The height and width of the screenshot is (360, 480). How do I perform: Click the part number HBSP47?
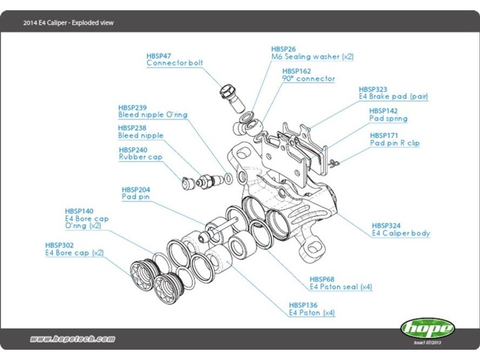(x=159, y=56)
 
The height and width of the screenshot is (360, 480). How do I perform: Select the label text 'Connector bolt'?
(x=175, y=63)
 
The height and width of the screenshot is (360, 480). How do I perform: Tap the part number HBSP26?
(x=283, y=49)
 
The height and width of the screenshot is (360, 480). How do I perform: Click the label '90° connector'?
(x=308, y=79)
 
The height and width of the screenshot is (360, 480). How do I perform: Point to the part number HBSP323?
(x=373, y=89)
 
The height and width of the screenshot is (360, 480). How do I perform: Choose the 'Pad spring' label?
(x=388, y=118)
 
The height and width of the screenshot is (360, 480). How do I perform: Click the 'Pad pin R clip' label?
(x=395, y=143)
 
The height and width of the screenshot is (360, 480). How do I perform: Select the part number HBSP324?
(x=385, y=225)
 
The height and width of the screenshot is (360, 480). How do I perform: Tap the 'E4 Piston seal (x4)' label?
(x=341, y=287)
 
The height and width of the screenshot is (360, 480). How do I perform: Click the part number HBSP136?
(x=303, y=305)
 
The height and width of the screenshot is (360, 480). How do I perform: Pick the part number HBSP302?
(x=59, y=245)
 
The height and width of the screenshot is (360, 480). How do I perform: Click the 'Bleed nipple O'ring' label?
(x=152, y=115)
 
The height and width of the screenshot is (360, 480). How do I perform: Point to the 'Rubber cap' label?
(x=140, y=157)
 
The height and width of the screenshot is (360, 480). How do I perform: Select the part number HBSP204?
(x=136, y=190)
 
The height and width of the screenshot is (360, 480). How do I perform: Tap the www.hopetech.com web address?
(x=73, y=339)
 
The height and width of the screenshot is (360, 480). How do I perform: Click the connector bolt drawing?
(x=229, y=97)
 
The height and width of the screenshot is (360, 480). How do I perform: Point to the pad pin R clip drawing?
(x=334, y=161)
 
